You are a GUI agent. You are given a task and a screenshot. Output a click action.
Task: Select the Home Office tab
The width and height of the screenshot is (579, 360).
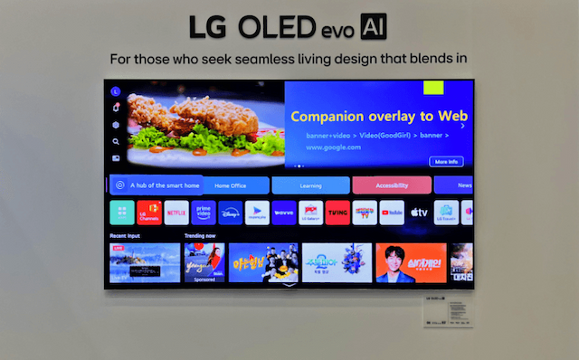[231, 185]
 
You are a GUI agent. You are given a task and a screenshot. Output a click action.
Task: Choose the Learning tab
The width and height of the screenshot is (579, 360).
[310, 185]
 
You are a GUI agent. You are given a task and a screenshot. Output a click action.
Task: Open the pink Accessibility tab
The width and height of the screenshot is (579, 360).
[391, 185]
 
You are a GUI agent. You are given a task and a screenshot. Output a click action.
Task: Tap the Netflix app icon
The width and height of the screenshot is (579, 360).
[176, 213]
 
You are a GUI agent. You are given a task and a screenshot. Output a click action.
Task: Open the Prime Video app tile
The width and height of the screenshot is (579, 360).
[204, 213]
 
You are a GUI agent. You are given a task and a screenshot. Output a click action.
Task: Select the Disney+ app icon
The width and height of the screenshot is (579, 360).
[230, 213]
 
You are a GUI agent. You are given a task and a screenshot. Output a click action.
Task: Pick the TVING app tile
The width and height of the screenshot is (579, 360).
[337, 213]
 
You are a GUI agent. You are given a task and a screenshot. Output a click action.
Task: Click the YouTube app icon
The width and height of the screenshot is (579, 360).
[392, 213]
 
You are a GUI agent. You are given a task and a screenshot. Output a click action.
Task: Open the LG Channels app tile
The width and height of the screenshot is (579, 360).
[149, 213]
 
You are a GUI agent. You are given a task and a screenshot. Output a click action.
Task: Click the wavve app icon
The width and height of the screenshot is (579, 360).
[284, 213]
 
